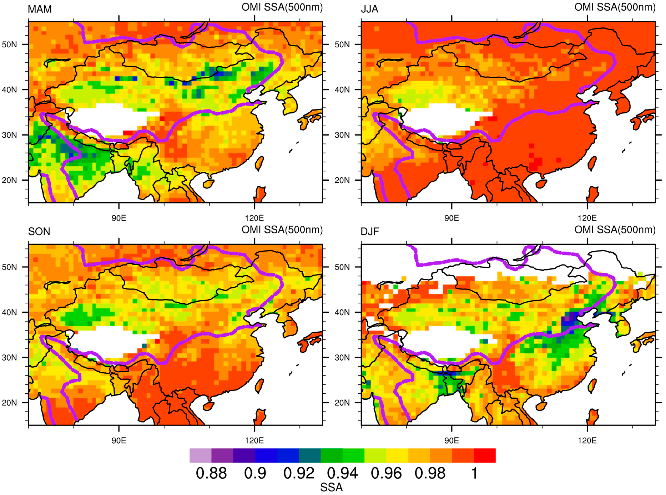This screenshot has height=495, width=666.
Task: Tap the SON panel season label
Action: [39, 232]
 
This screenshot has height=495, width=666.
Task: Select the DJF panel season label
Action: [370, 232]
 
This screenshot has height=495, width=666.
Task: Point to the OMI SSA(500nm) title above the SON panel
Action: [282, 230]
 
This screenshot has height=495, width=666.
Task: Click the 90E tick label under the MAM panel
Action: [119, 218]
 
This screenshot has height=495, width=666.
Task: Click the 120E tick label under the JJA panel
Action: [587, 218]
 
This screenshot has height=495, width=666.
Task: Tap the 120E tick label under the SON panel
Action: [254, 440]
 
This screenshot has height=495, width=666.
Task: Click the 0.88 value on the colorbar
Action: [211, 473]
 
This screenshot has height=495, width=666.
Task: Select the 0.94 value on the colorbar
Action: [342, 473]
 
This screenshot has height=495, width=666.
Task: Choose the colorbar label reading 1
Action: [474, 473]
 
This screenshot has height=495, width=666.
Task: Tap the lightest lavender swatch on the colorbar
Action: [200, 456]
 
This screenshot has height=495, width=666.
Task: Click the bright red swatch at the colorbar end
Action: [484, 456]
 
